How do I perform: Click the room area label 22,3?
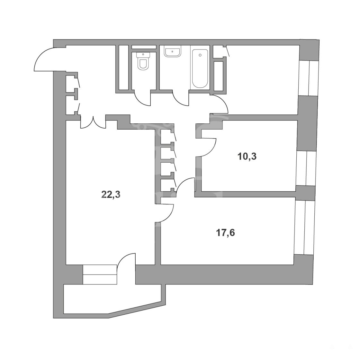111,195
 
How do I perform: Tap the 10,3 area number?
247,157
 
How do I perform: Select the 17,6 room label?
225,233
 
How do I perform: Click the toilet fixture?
143,61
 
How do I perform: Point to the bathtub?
200,68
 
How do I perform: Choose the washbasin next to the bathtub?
172,51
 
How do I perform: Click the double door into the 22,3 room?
93,123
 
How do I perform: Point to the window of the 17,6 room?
303,227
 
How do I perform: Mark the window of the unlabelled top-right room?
308,78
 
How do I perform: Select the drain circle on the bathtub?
200,55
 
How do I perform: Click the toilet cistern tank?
143,55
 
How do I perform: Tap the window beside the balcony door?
100,274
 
